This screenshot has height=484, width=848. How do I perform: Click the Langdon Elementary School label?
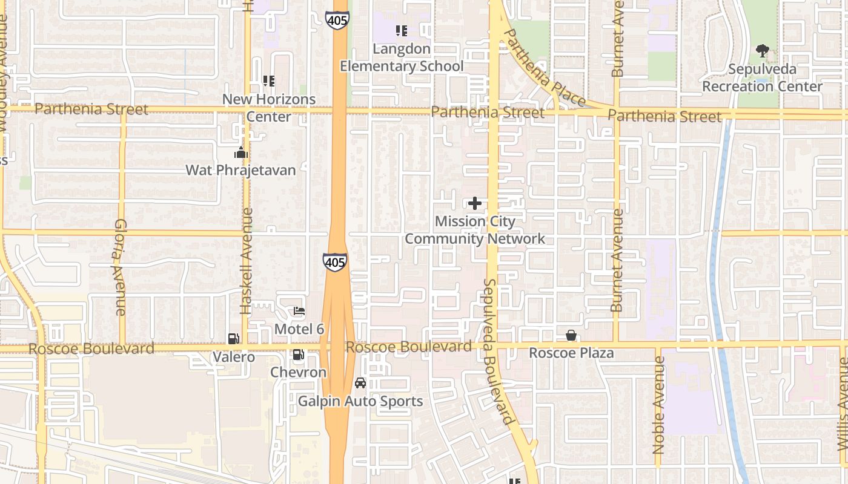click(402, 57)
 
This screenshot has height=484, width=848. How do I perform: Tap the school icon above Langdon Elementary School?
click(401, 30)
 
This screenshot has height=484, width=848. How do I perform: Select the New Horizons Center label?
click(269, 108)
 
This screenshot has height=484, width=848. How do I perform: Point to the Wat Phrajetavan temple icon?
click(241, 152)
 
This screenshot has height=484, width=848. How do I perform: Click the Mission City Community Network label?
click(475, 230)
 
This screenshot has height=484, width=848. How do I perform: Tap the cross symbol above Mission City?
click(475, 203)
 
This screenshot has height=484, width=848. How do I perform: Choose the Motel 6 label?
click(299, 329)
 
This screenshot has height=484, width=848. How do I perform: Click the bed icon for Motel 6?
click(299, 311)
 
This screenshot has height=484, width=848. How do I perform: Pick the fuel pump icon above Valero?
click(233, 339)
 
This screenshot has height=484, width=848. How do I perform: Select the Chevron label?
click(298, 372)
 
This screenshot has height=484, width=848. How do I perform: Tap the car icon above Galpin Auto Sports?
click(360, 383)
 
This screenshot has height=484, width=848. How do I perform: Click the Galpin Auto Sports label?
click(360, 401)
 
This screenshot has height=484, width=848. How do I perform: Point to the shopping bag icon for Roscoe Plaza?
click(571, 335)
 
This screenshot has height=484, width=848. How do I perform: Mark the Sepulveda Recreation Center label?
click(762, 77)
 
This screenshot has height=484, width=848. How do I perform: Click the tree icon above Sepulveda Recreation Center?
click(762, 50)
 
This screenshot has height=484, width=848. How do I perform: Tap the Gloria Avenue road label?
click(119, 267)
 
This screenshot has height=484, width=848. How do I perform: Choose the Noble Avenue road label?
click(659, 405)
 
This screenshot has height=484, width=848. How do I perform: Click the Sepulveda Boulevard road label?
click(498, 351)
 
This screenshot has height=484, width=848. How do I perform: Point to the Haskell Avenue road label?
click(246, 261)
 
